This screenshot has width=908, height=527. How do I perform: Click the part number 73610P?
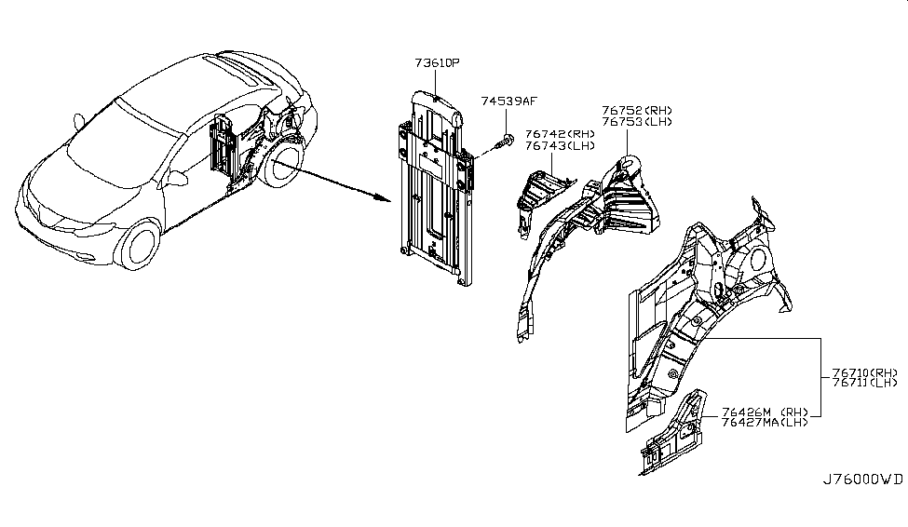pos(437,62)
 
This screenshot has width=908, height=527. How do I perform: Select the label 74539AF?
pos(509,101)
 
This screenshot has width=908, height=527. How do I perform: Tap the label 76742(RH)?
pos(560,134)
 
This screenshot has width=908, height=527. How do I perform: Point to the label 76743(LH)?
pos(560,146)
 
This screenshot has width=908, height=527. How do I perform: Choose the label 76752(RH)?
pos(637,110)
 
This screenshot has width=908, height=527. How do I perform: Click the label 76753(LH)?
pos(637,122)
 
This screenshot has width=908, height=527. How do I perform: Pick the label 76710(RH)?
pos(865,373)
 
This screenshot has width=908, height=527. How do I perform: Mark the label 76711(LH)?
pos(865,383)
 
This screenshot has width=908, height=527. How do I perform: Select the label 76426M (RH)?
pos(765,412)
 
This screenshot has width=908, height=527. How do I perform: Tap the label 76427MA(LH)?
pos(765,422)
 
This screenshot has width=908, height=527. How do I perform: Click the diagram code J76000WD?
pos(862,480)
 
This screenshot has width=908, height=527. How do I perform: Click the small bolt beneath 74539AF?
pos(505,142)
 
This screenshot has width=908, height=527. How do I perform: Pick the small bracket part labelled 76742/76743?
pos(540,199)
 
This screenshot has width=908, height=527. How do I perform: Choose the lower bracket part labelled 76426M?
pos(673,432)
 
